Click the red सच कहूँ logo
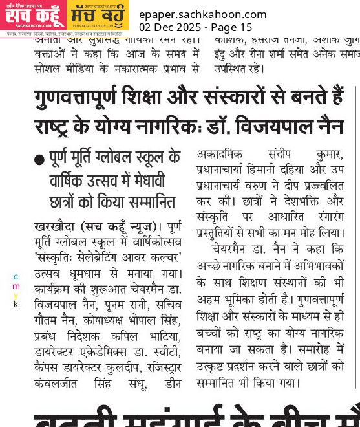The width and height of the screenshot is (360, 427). (32, 15)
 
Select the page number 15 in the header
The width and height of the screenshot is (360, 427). (246, 27)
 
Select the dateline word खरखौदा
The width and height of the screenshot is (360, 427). (56, 226)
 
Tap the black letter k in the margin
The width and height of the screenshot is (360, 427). (16, 304)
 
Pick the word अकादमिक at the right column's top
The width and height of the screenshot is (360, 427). (222, 155)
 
